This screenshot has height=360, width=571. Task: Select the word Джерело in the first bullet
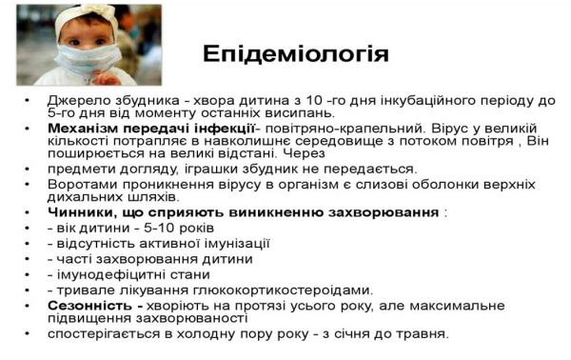tap(77, 100)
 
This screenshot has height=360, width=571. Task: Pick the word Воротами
tap(77, 183)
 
